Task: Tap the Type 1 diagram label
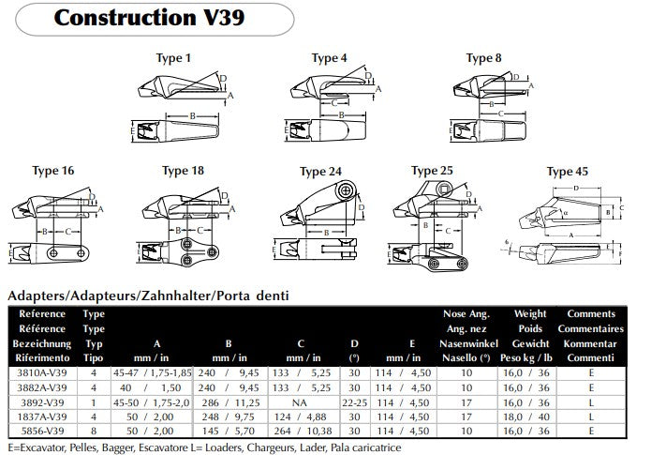172,58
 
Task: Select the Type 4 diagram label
329,58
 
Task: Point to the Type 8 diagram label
483,58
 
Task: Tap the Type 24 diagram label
320,172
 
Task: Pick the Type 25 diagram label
432,171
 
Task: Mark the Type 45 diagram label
567,172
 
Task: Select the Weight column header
530,314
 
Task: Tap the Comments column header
590,314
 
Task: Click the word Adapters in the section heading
36,296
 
